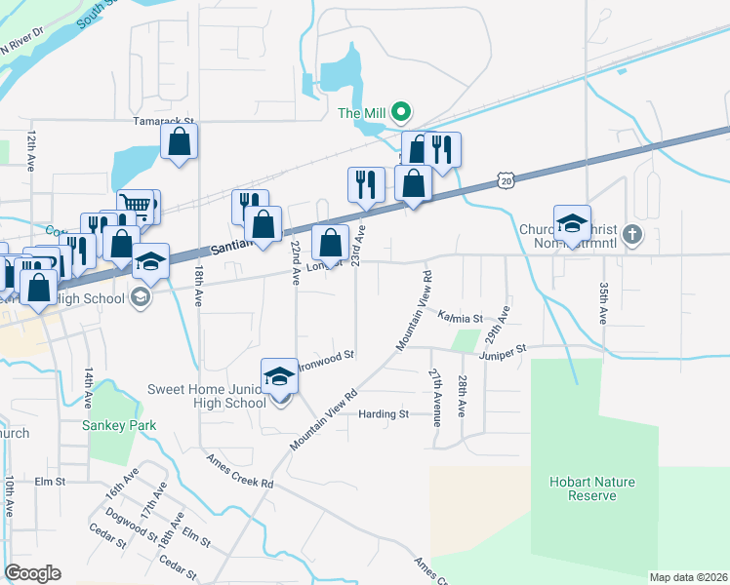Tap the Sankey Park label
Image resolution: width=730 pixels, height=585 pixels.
coord(111,424)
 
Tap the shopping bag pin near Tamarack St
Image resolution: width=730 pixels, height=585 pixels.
coord(180,141)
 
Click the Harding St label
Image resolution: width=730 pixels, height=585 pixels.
coord(383,414)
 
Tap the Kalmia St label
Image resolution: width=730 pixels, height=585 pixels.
coord(460,318)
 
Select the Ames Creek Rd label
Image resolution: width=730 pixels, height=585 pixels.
coord(239,470)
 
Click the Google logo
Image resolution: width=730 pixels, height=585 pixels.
coord(32,573)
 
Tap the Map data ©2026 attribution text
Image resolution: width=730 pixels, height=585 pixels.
coord(689,577)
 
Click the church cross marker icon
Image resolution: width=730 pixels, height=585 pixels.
coord(632,234)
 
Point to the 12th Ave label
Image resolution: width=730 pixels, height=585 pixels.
coord(32,151)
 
